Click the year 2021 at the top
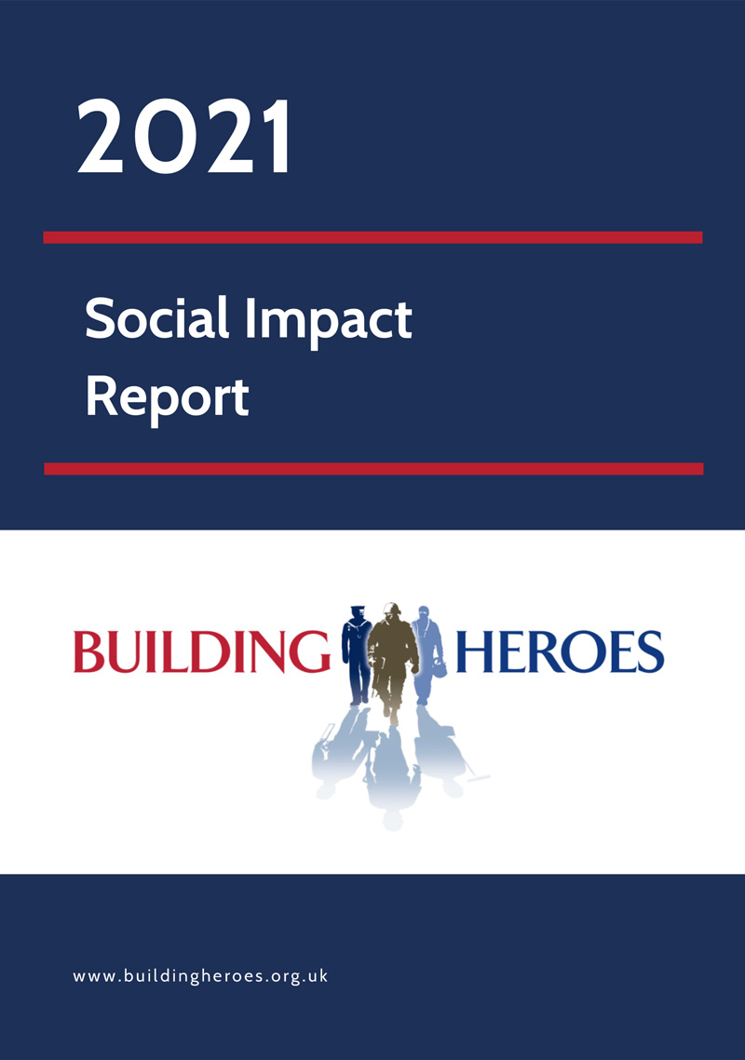click(184, 140)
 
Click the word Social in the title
click(156, 320)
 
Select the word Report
click(167, 396)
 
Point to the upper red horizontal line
click(372, 237)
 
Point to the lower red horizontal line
click(372, 468)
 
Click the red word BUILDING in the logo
click(201, 651)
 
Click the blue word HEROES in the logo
click(559, 651)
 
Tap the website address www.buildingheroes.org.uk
click(200, 976)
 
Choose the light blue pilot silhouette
click(424, 651)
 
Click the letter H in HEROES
click(472, 651)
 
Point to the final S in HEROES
click(650, 651)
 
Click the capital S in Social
click(100, 321)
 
